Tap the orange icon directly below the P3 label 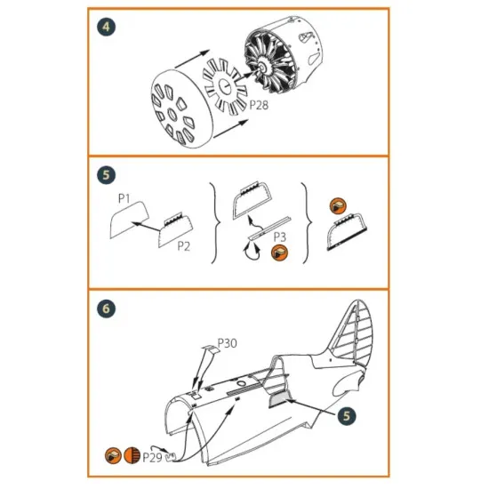(x=279, y=253)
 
